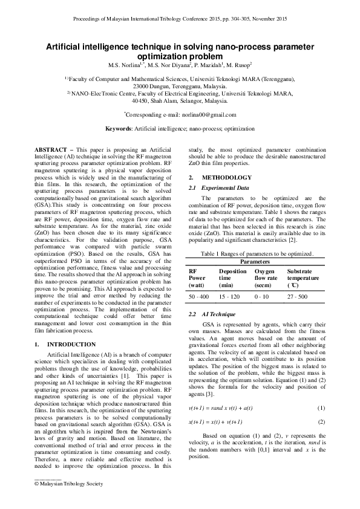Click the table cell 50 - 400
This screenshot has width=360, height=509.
[199, 297]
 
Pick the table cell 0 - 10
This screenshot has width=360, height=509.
[261, 297]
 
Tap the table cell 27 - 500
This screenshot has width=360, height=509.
[298, 297]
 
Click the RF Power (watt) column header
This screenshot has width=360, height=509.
[198, 278]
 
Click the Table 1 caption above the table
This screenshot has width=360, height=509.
[257, 254]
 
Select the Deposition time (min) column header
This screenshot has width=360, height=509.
[232, 278]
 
